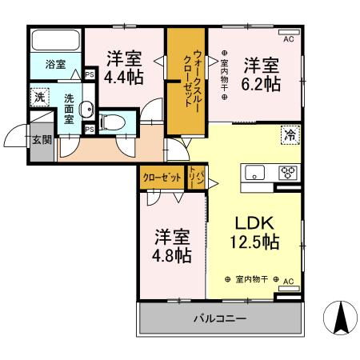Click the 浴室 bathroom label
(54, 65)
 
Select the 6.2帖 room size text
(262, 82)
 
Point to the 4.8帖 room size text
(172, 255)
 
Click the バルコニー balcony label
(218, 319)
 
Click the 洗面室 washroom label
(70, 109)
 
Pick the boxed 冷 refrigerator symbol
(289, 135)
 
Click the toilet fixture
(112, 122)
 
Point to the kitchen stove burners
(286, 172)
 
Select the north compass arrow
(339, 320)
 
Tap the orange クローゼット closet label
(161, 178)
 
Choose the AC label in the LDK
(289, 281)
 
